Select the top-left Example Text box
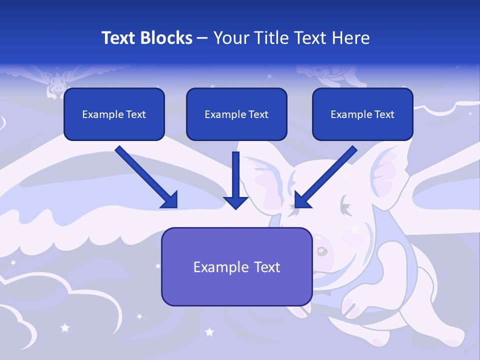click(x=114, y=114)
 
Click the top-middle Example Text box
click(x=236, y=114)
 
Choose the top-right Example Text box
click(x=362, y=114)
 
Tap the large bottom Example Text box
click(x=236, y=266)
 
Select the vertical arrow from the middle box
click(x=236, y=180)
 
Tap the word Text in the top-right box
click(x=384, y=114)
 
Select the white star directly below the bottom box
click(x=209, y=331)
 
